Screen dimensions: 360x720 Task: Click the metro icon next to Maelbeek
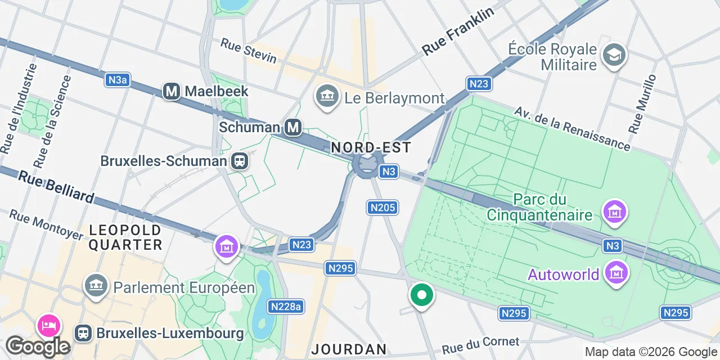coord(172,91)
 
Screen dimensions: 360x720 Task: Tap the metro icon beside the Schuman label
coord(292,128)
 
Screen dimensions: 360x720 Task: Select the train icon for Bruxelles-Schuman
coord(240,161)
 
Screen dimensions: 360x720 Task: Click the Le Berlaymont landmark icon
coord(326,98)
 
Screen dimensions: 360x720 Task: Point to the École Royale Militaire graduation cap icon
coord(614,55)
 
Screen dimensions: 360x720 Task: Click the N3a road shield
coord(118,80)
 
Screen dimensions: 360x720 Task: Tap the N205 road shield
coord(382,208)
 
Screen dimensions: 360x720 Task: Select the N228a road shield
coord(286,307)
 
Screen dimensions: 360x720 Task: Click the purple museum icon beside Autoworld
coord(616,273)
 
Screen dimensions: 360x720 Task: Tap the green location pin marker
coord(421,295)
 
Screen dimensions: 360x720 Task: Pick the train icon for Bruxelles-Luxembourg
coord(84,333)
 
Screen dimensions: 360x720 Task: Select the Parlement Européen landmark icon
coord(96,286)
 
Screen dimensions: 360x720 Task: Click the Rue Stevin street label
coord(248,51)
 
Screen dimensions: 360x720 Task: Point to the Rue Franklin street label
coord(458,31)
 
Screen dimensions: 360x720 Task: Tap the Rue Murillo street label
coord(642,104)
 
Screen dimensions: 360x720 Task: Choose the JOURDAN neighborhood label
coord(349,349)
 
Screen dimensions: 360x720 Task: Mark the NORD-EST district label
coord(371,148)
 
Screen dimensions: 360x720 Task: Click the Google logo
coord(38,346)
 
